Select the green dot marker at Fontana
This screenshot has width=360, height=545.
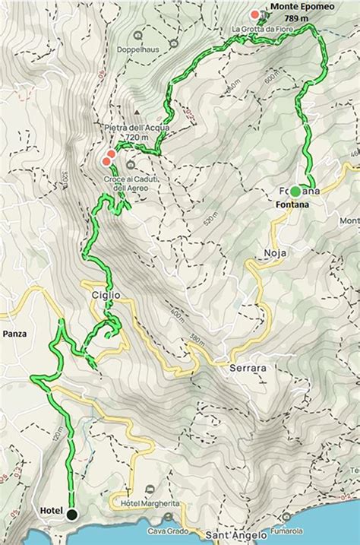coord(295,191)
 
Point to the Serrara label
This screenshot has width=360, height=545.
coord(247,368)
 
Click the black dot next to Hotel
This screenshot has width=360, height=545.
coord(71,515)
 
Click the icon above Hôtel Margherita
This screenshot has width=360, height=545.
coord(152,489)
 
